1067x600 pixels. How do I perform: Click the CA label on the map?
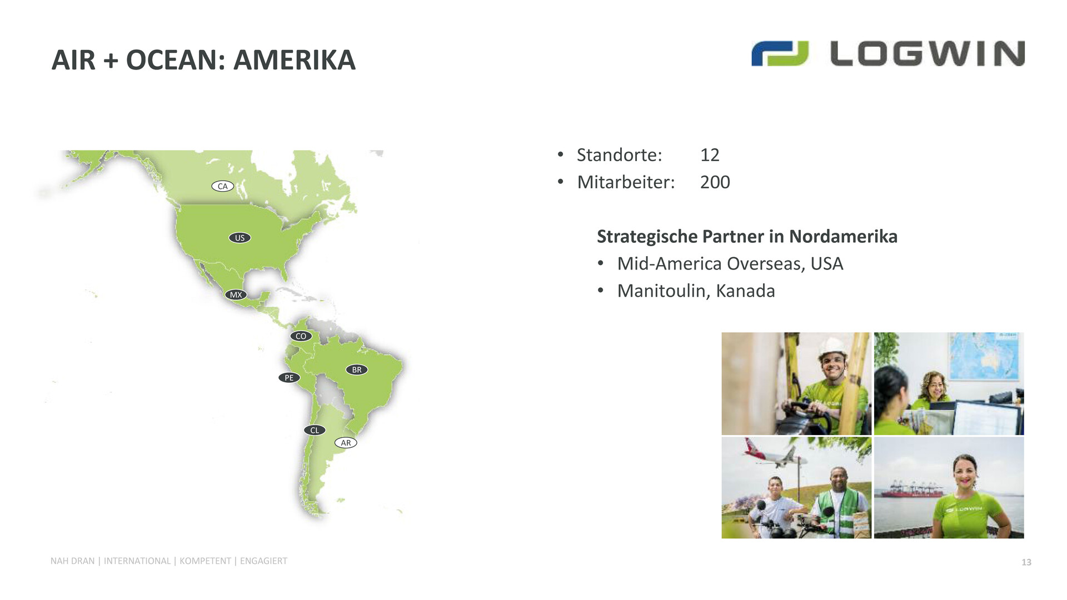(222, 186)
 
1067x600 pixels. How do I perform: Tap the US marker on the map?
(240, 238)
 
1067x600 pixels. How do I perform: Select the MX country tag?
(236, 294)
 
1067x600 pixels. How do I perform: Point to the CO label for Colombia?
(301, 336)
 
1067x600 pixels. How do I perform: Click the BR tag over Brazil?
(357, 369)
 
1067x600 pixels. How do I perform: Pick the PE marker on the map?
(289, 378)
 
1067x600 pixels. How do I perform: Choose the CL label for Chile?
(315, 430)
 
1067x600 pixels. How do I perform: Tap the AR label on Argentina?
(346, 443)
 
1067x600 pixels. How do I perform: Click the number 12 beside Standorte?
(710, 155)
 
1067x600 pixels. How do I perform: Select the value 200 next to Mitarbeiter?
(715, 182)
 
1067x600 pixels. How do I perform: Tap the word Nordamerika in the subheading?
(843, 237)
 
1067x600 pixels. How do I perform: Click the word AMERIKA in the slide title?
(294, 60)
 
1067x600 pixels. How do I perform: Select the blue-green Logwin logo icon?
(780, 53)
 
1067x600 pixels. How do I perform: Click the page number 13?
(1026, 562)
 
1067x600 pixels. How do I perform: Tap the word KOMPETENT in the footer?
(205, 561)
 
